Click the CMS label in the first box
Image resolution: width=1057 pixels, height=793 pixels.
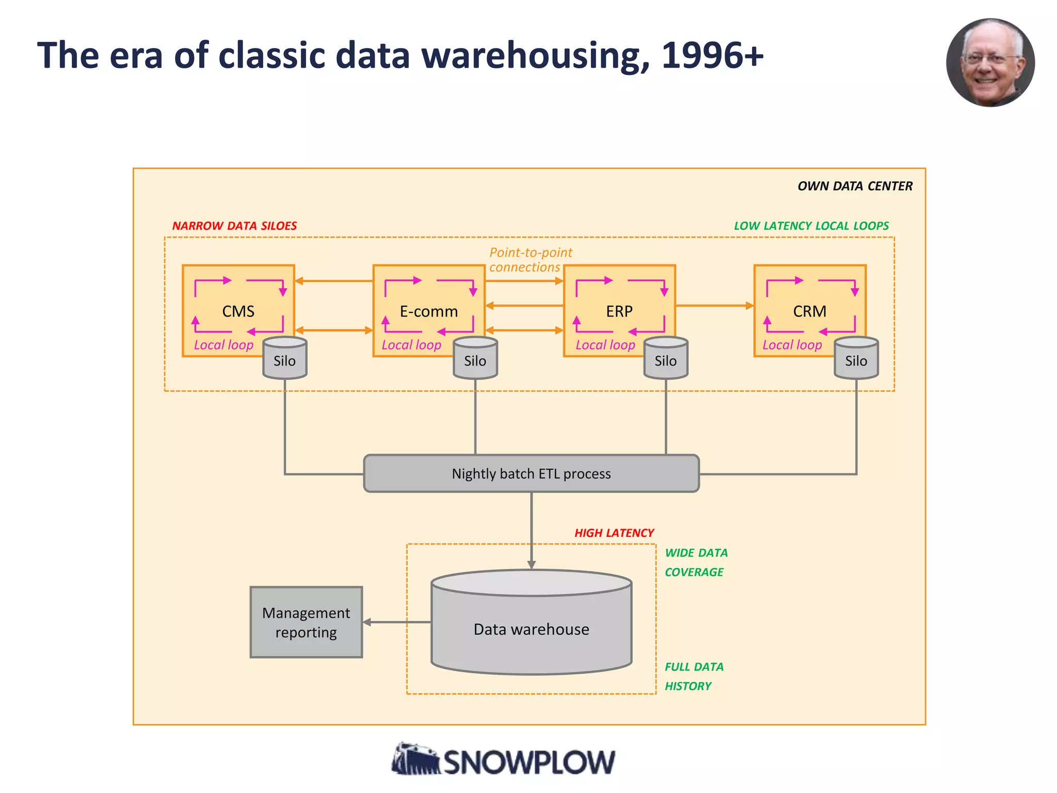tap(238, 311)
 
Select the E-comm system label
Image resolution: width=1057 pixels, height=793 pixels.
tap(428, 311)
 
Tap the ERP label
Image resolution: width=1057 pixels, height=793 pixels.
tap(619, 311)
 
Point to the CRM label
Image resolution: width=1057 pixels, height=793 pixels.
tap(809, 311)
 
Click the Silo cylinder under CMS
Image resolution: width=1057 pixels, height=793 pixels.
tap(284, 359)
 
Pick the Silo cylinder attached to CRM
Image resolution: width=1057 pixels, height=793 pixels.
tap(856, 359)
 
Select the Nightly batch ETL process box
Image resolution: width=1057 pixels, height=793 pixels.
tap(531, 473)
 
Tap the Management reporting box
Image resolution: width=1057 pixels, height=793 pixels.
tap(306, 622)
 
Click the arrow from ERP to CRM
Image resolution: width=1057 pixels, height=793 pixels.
tap(714, 306)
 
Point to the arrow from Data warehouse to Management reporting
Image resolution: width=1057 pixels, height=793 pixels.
tap(396, 622)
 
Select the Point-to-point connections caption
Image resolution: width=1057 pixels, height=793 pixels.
tap(530, 260)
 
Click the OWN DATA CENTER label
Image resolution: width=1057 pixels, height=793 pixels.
tap(855, 186)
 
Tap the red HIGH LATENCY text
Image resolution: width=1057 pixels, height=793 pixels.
tap(614, 533)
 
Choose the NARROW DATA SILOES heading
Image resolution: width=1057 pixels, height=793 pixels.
tap(234, 226)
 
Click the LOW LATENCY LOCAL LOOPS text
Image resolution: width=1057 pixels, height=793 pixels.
tap(811, 226)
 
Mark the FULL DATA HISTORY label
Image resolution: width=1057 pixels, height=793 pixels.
tap(693, 676)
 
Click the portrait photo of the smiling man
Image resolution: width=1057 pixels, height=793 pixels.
tap(989, 62)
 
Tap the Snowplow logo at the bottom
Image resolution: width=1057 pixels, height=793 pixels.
tap(503, 760)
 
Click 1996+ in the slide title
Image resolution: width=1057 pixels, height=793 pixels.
tap(712, 55)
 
